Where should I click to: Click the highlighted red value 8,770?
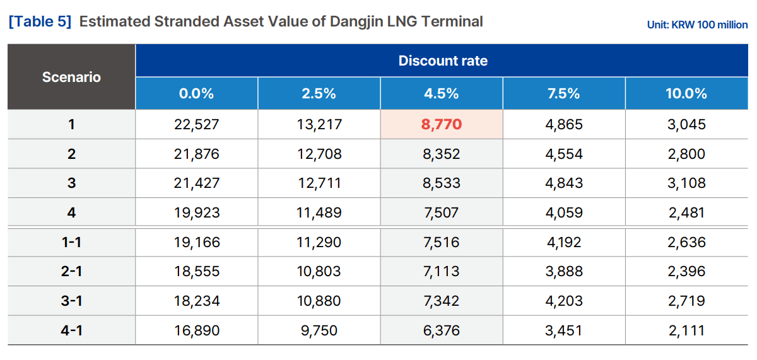click(x=442, y=125)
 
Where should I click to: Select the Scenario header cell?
click(x=71, y=78)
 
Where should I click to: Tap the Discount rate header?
click(x=443, y=61)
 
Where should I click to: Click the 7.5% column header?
click(x=563, y=94)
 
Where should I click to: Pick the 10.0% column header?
click(x=686, y=94)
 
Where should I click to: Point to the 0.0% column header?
click(x=196, y=94)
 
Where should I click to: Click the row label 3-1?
click(x=72, y=301)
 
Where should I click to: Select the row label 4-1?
click(x=72, y=330)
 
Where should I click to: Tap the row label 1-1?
click(x=72, y=243)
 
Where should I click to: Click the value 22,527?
click(x=196, y=125)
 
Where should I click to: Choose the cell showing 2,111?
click(x=686, y=330)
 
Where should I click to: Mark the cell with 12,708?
click(x=319, y=154)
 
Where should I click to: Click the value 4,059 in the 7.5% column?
click(x=563, y=213)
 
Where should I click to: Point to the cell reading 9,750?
click(x=319, y=330)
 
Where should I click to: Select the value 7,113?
click(x=442, y=272)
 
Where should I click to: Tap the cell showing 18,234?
click(x=196, y=301)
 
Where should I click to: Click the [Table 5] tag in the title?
click(x=40, y=22)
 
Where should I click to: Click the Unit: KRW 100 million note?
click(x=697, y=25)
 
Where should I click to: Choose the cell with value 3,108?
click(x=686, y=183)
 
